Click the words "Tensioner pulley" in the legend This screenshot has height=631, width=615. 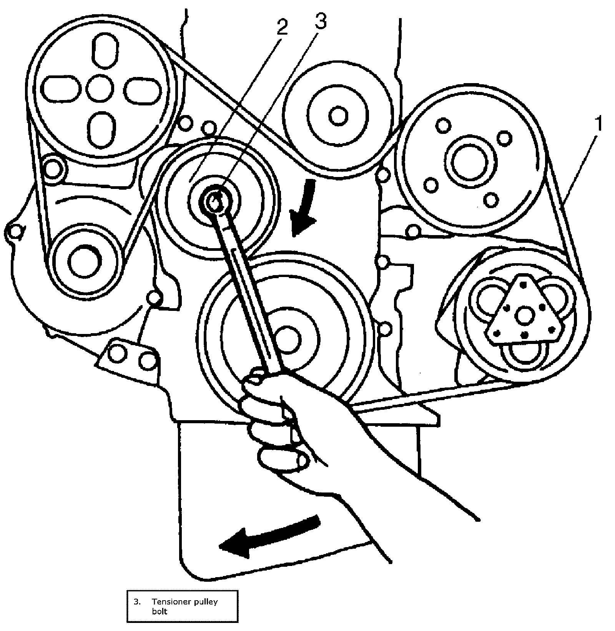(184, 602)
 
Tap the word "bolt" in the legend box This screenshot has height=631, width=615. (160, 611)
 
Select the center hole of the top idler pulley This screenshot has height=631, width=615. (338, 116)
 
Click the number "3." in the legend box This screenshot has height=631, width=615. (137, 602)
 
